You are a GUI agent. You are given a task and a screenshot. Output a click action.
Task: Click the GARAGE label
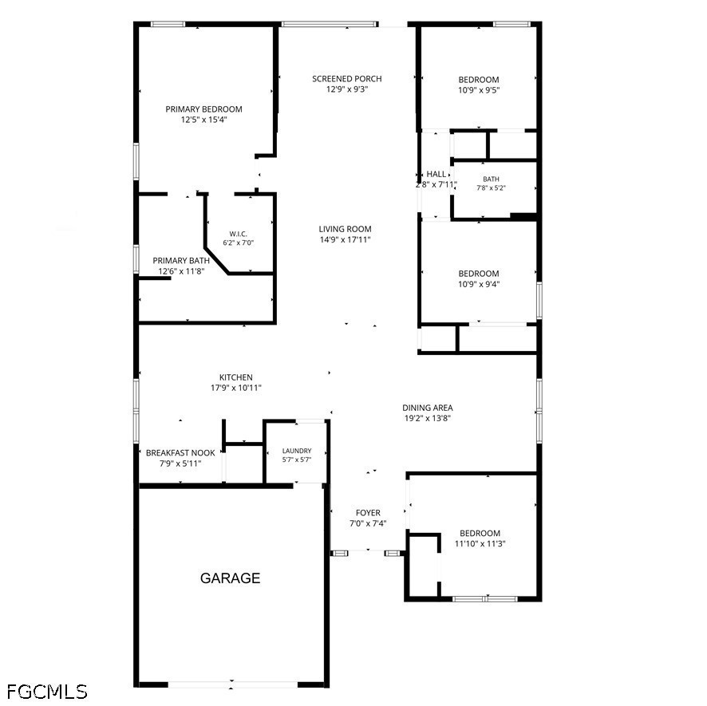pyautogui.click(x=230, y=578)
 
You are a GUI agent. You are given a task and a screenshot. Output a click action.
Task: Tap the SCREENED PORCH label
pyautogui.click(x=347, y=79)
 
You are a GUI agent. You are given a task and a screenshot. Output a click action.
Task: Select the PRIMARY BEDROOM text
pyautogui.click(x=203, y=109)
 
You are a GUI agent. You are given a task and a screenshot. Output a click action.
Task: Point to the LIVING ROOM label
pyautogui.click(x=345, y=229)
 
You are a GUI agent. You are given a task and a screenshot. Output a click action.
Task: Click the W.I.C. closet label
pyautogui.click(x=238, y=234)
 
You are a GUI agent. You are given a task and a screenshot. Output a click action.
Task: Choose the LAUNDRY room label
pyautogui.click(x=297, y=451)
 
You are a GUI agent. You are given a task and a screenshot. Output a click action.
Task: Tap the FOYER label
pyautogui.click(x=368, y=513)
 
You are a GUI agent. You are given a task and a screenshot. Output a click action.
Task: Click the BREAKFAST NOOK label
pyautogui.click(x=180, y=453)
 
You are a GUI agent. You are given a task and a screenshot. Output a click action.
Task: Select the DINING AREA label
pyautogui.click(x=428, y=408)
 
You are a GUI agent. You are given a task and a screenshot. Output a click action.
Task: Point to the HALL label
pyautogui.click(x=436, y=174)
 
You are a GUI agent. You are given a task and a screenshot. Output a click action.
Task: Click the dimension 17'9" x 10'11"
pyautogui.click(x=236, y=388)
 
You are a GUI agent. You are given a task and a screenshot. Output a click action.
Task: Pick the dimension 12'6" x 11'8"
pyautogui.click(x=181, y=271)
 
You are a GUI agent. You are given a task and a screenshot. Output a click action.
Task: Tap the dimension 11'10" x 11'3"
pyautogui.click(x=480, y=544)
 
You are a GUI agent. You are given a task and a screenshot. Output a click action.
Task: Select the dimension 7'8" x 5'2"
pyautogui.click(x=491, y=188)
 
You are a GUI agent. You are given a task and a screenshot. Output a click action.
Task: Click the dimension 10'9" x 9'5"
pyautogui.click(x=479, y=90)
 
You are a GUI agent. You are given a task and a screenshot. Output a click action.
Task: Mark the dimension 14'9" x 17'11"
pyautogui.click(x=345, y=240)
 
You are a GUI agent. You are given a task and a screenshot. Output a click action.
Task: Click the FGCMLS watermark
pyautogui.click(x=47, y=692)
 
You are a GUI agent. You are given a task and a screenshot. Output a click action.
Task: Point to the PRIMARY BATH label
pyautogui.click(x=181, y=261)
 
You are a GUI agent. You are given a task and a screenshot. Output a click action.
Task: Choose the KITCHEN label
pyautogui.click(x=236, y=377)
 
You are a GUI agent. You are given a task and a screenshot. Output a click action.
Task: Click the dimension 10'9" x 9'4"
pyautogui.click(x=479, y=284)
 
